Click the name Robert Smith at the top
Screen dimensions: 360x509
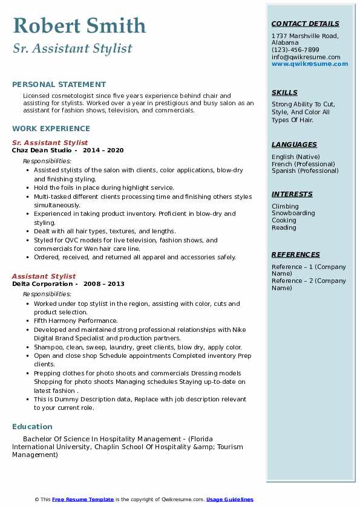pyautogui.click(x=79, y=25)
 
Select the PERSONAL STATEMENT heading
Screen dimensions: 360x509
pyautogui.click(x=59, y=85)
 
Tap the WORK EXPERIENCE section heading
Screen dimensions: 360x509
pyautogui.click(x=51, y=128)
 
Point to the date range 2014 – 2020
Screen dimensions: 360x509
pyautogui.click(x=103, y=150)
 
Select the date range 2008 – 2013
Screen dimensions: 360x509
pyautogui.click(x=104, y=284)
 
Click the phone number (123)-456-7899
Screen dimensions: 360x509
pyautogui.click(x=295, y=50)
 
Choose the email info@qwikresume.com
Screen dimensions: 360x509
pyautogui.click(x=306, y=57)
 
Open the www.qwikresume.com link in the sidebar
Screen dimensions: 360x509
pyautogui.click(x=310, y=63)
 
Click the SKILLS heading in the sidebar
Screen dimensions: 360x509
pyautogui.click(x=284, y=92)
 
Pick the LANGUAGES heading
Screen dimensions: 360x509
pyautogui.click(x=294, y=144)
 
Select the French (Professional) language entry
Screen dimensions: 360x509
pyautogui.click(x=303, y=164)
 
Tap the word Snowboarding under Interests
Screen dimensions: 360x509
pyautogui.click(x=293, y=213)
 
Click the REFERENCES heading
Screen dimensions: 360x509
pyautogui.click(x=296, y=254)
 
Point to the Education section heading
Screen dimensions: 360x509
pyautogui.click(x=32, y=426)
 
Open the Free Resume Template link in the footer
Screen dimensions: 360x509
pyautogui.click(x=83, y=499)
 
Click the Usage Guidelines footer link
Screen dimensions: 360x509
pyautogui.click(x=230, y=499)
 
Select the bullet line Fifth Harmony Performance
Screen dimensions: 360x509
pyautogui.click(x=76, y=320)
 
